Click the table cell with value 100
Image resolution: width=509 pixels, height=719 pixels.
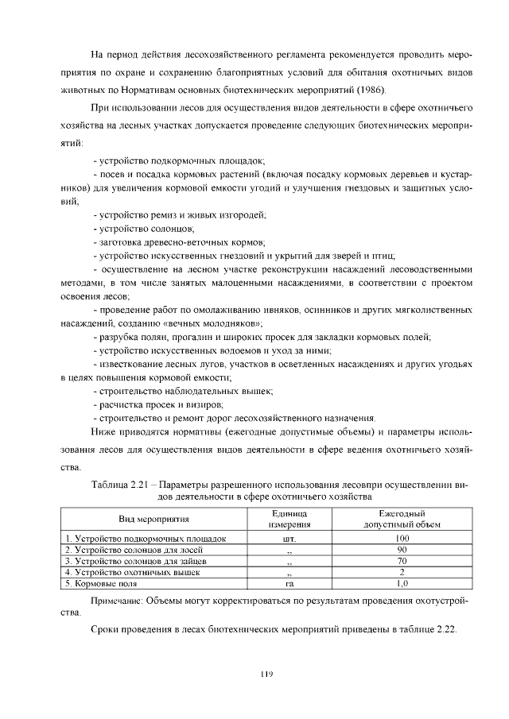pos(402,538)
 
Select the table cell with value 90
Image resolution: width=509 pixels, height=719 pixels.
pos(402,549)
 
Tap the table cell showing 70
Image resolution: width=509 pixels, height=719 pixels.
pos(402,560)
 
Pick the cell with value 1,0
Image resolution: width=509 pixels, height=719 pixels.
pos(402,582)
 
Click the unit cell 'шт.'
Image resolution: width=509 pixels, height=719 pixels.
pos(289,538)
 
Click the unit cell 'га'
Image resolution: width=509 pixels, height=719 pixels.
pos(289,582)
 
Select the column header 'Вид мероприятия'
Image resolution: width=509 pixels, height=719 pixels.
pos(153,519)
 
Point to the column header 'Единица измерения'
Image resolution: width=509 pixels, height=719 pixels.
pos(289,519)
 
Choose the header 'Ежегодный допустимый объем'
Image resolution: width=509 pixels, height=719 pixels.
pos(402,519)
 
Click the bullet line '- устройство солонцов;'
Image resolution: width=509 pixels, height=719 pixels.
pos(138,228)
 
